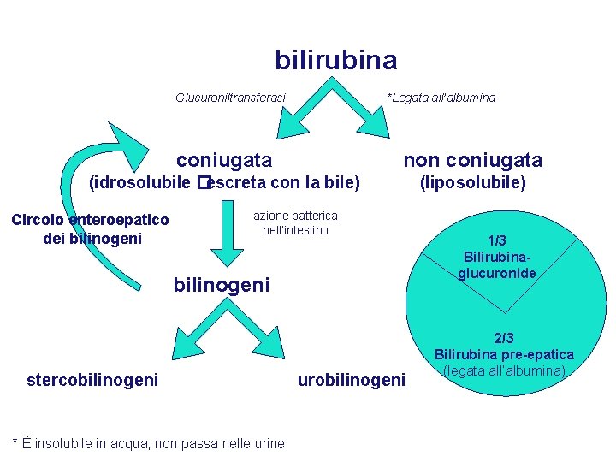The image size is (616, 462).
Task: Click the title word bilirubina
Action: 335,60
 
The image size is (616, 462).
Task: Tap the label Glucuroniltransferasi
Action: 230,98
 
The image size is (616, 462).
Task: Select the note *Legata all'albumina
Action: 441,98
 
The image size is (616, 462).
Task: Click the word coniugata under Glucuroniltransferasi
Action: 224,160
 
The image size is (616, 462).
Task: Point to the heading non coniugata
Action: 472,160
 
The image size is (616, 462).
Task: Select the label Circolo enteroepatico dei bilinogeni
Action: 90,229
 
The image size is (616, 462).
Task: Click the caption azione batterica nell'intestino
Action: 295,223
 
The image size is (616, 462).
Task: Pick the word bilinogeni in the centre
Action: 222,284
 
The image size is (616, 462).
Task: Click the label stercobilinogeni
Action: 92,379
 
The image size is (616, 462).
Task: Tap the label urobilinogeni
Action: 352,379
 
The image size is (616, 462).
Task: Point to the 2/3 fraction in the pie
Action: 504,339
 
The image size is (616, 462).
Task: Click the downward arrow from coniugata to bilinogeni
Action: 226,235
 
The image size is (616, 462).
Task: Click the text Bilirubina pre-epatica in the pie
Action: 504,355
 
